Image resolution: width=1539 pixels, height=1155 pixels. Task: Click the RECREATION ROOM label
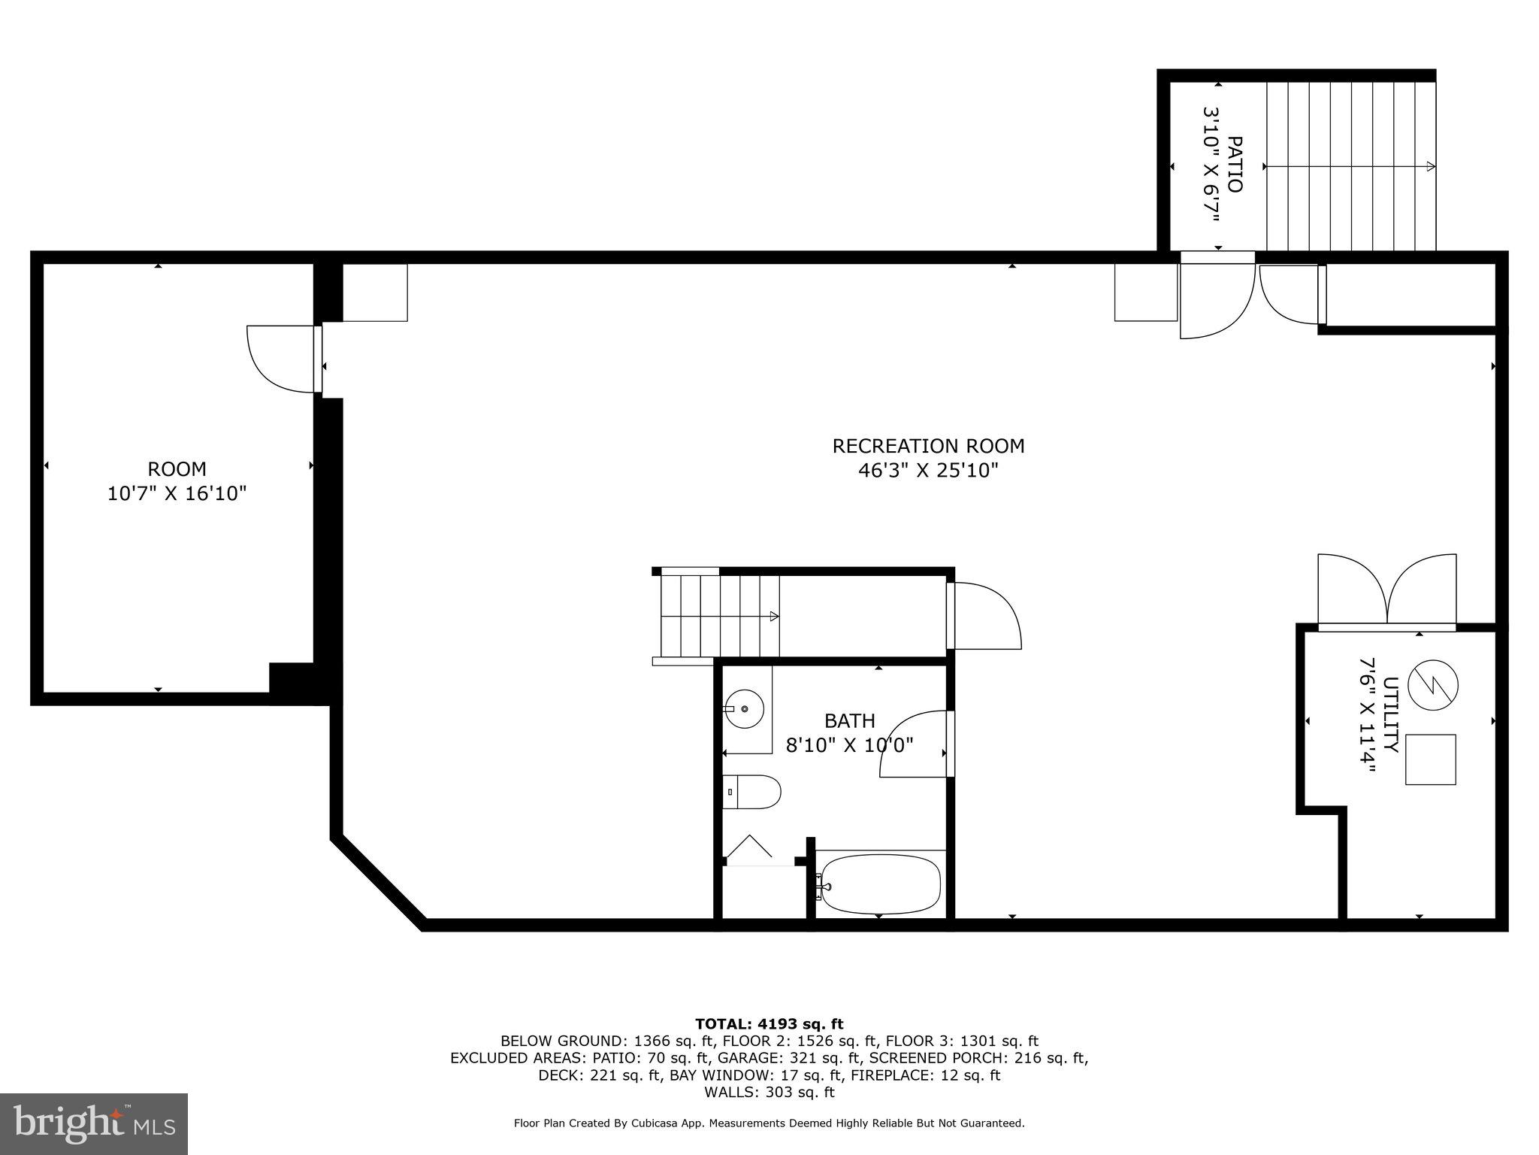(x=928, y=446)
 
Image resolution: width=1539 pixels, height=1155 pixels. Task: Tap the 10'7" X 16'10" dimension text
(x=177, y=494)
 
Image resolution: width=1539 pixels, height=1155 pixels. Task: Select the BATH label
(x=849, y=721)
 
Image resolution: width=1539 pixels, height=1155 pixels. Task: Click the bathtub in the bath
(x=880, y=884)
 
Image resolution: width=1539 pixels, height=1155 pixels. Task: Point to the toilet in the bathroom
(x=752, y=792)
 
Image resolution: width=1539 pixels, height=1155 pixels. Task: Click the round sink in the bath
(x=744, y=708)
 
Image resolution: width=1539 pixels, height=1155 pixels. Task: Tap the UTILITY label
(x=1390, y=714)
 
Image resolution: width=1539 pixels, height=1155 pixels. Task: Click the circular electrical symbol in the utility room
(x=1432, y=685)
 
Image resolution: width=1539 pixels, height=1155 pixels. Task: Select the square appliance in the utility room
(x=1430, y=759)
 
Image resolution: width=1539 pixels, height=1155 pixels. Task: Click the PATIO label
(x=1234, y=164)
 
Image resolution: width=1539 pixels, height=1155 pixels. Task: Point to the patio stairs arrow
(x=1350, y=166)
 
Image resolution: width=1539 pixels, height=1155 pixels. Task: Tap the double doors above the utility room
(x=1387, y=590)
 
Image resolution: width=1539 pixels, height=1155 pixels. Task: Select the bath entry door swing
(x=913, y=744)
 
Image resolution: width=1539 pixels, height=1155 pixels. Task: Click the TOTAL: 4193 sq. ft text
(x=769, y=1023)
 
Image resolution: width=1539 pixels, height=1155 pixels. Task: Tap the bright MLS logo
(x=94, y=1124)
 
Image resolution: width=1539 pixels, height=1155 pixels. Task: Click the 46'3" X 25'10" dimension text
(x=928, y=471)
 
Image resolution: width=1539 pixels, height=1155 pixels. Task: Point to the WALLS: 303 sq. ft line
(x=769, y=1092)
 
